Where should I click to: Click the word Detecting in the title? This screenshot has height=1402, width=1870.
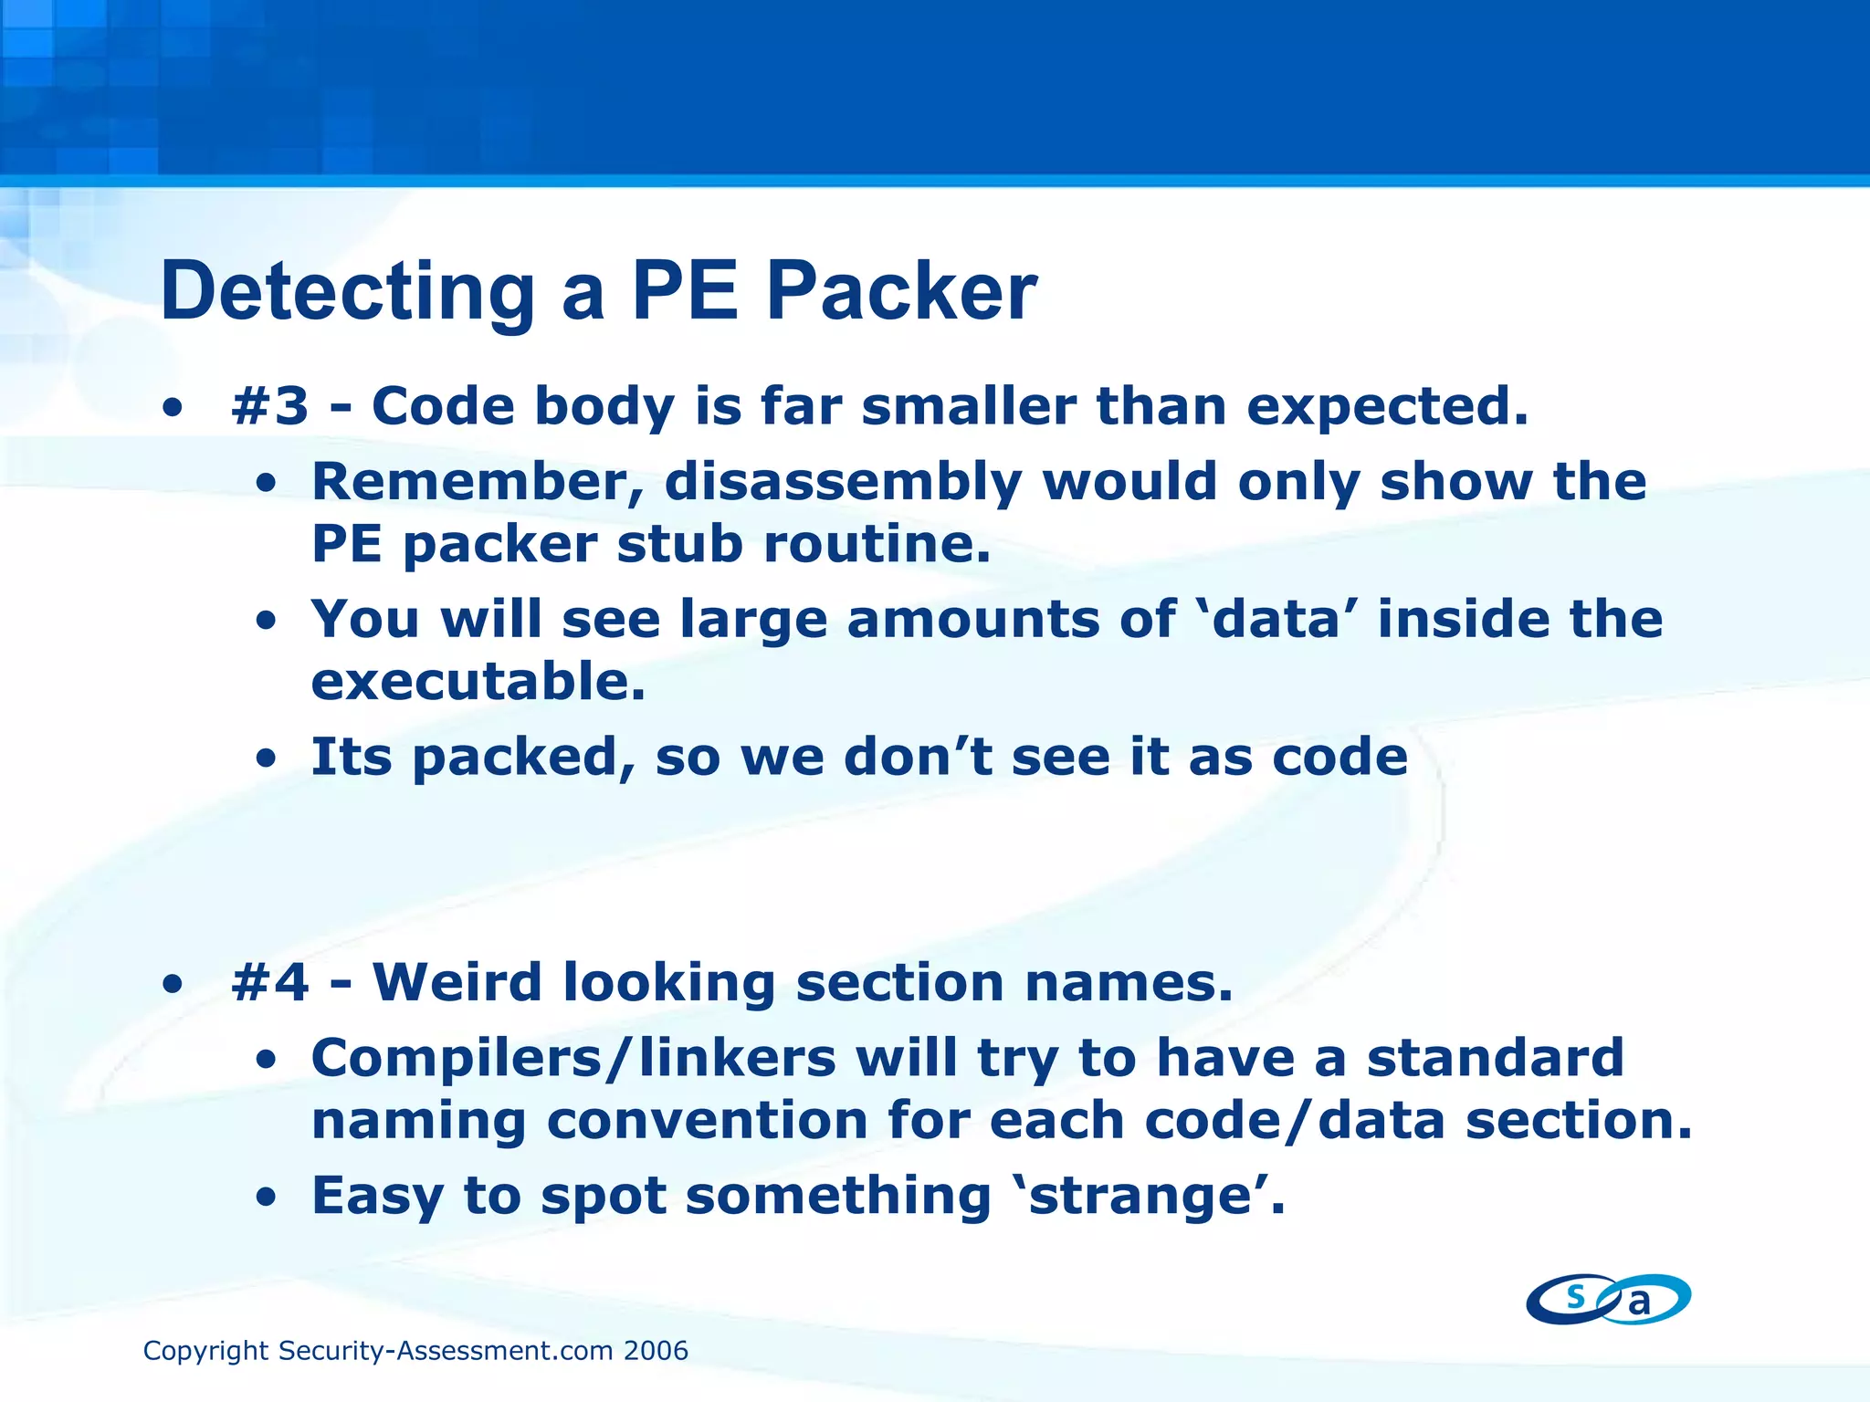[347, 292]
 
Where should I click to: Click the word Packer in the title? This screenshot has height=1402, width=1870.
[901, 292]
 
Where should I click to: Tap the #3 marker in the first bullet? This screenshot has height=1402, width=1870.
[270, 406]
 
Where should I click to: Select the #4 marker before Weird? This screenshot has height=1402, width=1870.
[270, 983]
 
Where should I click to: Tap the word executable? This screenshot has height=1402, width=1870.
[478, 682]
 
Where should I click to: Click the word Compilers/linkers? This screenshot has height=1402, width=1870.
[573, 1059]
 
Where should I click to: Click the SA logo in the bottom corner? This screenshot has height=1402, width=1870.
[1608, 1299]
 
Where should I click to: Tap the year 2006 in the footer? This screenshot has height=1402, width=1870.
[656, 1351]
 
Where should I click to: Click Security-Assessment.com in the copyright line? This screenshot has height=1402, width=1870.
[446, 1351]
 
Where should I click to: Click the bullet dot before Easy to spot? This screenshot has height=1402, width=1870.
[266, 1198]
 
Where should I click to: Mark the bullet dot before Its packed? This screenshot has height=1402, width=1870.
[266, 759]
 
